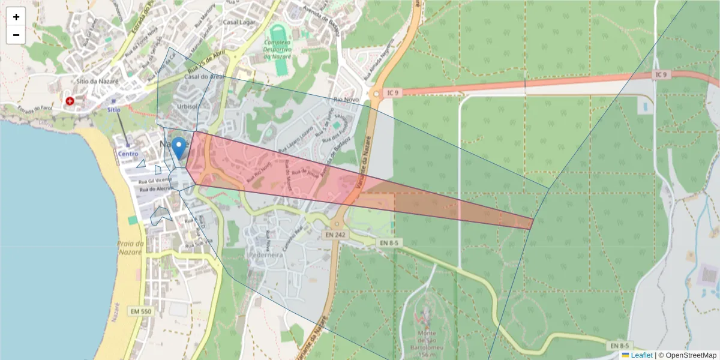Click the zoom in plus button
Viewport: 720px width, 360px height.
coord(16,17)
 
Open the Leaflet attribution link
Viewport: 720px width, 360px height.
coord(641,355)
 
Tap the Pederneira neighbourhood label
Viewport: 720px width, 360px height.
coord(265,254)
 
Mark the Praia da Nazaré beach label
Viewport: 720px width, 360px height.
coord(131,247)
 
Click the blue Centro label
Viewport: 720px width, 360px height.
coord(128,154)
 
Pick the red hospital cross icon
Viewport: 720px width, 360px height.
coord(70,101)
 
